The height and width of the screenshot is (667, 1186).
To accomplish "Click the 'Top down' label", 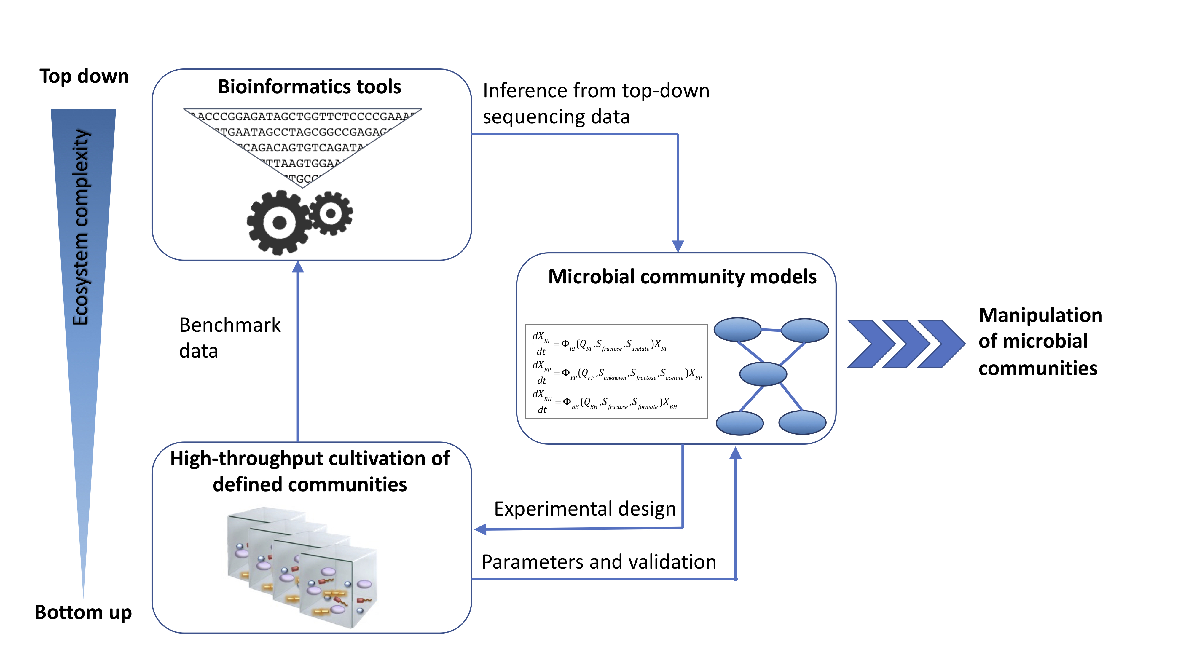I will click(x=84, y=76).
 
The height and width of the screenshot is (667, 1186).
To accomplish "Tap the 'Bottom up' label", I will click(x=83, y=612).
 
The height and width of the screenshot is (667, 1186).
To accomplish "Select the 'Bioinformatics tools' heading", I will click(x=309, y=87).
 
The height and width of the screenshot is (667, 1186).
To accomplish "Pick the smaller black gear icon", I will click(x=331, y=213).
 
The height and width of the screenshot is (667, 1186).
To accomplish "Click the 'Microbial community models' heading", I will click(x=682, y=277).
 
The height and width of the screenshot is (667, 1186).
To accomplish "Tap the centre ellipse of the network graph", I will click(x=763, y=374).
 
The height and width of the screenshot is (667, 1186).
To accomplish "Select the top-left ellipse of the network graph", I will click(x=737, y=330).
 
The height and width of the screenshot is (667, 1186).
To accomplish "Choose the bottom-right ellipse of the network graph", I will click(x=802, y=422).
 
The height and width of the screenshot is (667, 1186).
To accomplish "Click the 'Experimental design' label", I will click(x=585, y=509).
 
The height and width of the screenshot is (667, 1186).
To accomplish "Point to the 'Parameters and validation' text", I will click(x=599, y=562).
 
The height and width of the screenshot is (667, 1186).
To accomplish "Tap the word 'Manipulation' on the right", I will click(x=1040, y=315).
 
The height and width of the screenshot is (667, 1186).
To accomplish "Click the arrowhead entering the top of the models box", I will click(x=678, y=246).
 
